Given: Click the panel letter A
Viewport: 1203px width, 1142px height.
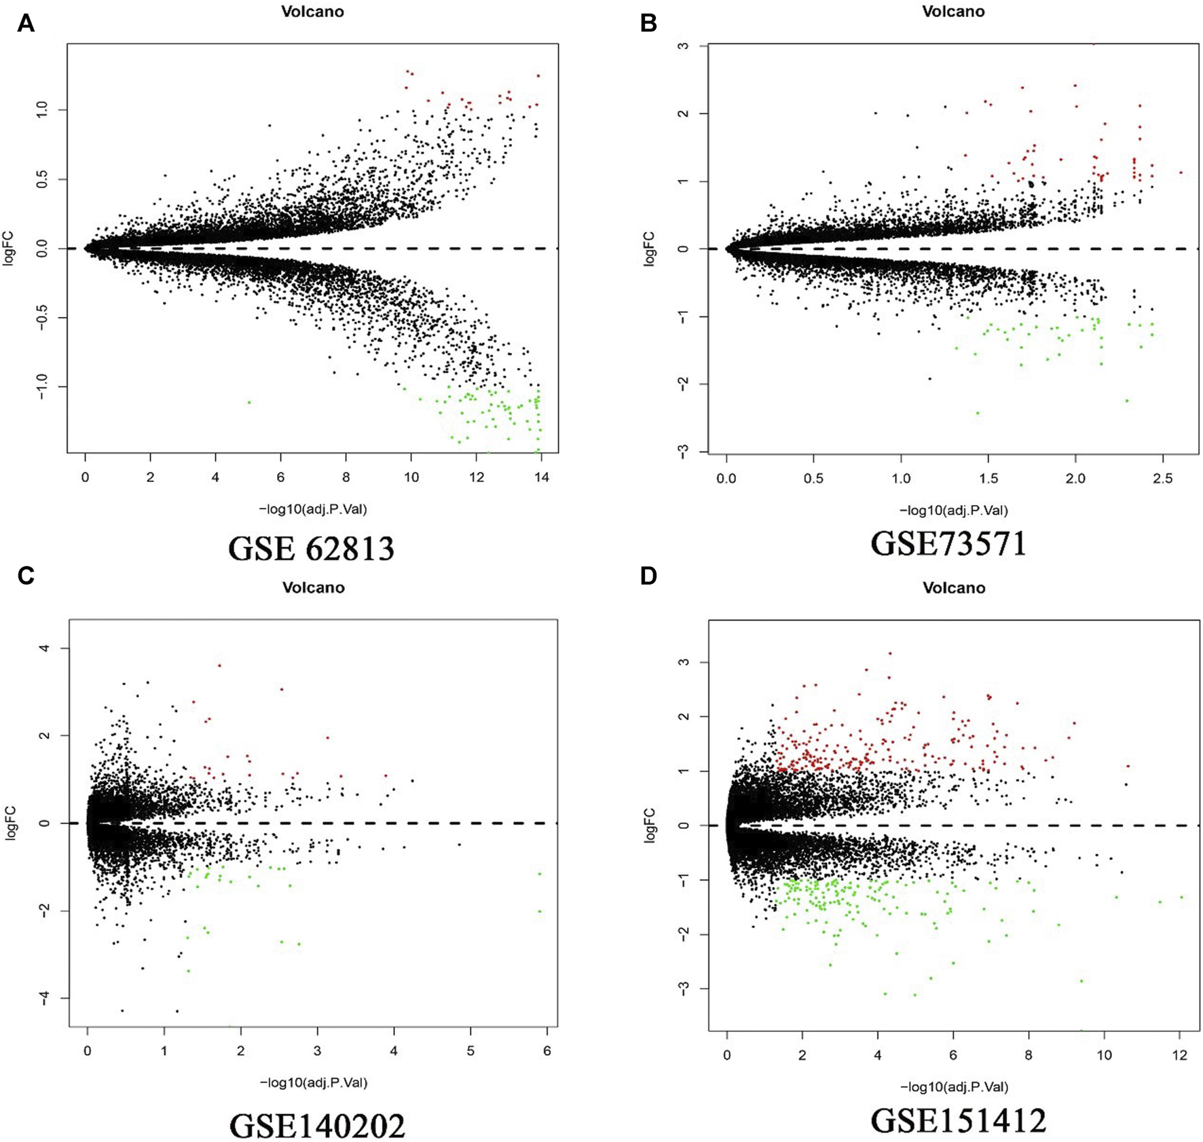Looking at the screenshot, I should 26,24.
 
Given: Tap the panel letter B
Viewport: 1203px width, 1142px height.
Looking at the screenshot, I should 648,24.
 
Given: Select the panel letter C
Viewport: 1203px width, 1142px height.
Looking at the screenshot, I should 26,576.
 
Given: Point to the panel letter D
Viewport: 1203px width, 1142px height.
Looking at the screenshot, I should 648,576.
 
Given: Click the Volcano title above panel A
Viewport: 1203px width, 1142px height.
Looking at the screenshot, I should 313,12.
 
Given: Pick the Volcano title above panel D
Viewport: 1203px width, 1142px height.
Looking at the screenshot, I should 953,588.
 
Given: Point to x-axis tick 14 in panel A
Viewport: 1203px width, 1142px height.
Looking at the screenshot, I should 541,477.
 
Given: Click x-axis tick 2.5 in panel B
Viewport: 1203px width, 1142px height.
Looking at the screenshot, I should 1163,479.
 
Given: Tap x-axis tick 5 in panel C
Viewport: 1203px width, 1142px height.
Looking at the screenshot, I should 470,1052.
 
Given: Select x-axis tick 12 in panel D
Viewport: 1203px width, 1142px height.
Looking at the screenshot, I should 1179,1055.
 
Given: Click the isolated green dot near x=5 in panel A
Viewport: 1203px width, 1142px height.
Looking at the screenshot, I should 249,403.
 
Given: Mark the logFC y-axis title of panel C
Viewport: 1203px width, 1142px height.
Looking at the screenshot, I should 10,823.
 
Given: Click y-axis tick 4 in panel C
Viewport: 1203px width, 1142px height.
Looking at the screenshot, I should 45,648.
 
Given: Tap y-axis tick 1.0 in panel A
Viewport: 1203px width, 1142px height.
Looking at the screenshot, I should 42,109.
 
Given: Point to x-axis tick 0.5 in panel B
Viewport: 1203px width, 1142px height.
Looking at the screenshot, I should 813,479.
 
